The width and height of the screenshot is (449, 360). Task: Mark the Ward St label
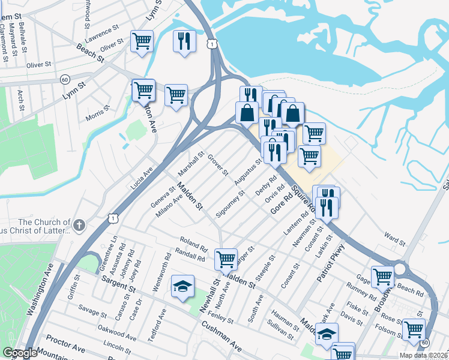394,240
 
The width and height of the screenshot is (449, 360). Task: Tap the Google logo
20,353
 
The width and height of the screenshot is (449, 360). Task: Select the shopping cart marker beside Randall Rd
226,260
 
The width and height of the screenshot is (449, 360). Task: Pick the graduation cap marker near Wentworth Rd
182,286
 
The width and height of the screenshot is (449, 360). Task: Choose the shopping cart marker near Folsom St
414,329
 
